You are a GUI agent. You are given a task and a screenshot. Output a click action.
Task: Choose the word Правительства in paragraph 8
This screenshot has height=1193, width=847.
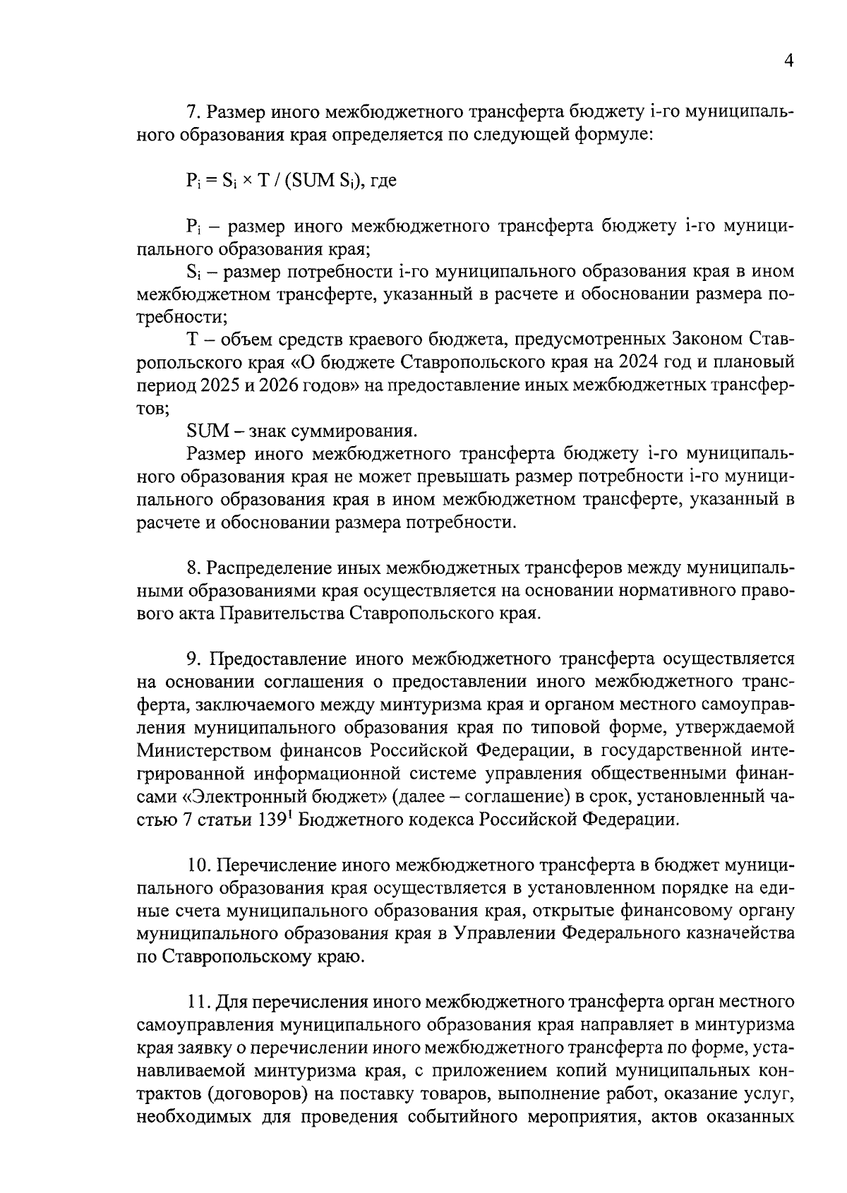click(x=283, y=613)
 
